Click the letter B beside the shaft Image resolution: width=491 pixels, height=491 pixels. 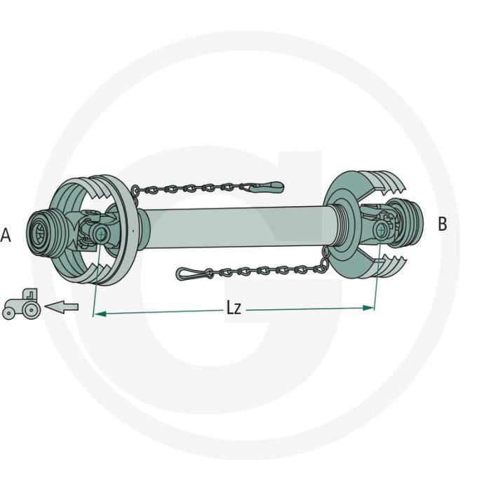click(x=442, y=224)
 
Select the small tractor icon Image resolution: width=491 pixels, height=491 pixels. click(x=22, y=304)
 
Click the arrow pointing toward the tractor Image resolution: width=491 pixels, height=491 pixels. click(x=62, y=307)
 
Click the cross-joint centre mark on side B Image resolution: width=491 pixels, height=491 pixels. click(x=381, y=229)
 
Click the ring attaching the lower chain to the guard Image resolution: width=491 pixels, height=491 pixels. click(x=323, y=262)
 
